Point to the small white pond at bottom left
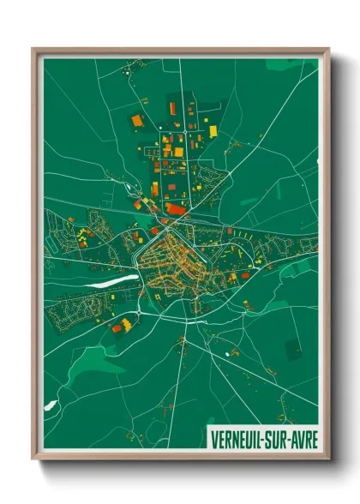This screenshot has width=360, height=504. click(51, 404)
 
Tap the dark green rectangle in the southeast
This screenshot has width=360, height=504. click(292, 349)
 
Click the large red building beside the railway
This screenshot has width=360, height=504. click(176, 208)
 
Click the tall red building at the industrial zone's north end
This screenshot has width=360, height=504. click(172, 108)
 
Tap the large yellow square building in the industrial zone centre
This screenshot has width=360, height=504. click(178, 152)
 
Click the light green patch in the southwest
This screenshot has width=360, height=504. click(81, 364)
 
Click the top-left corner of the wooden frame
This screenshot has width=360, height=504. click(33, 49)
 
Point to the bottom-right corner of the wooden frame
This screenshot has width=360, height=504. click(328, 460)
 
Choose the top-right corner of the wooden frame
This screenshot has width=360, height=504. click(328, 49)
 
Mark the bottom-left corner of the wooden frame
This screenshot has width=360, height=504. click(33, 460)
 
